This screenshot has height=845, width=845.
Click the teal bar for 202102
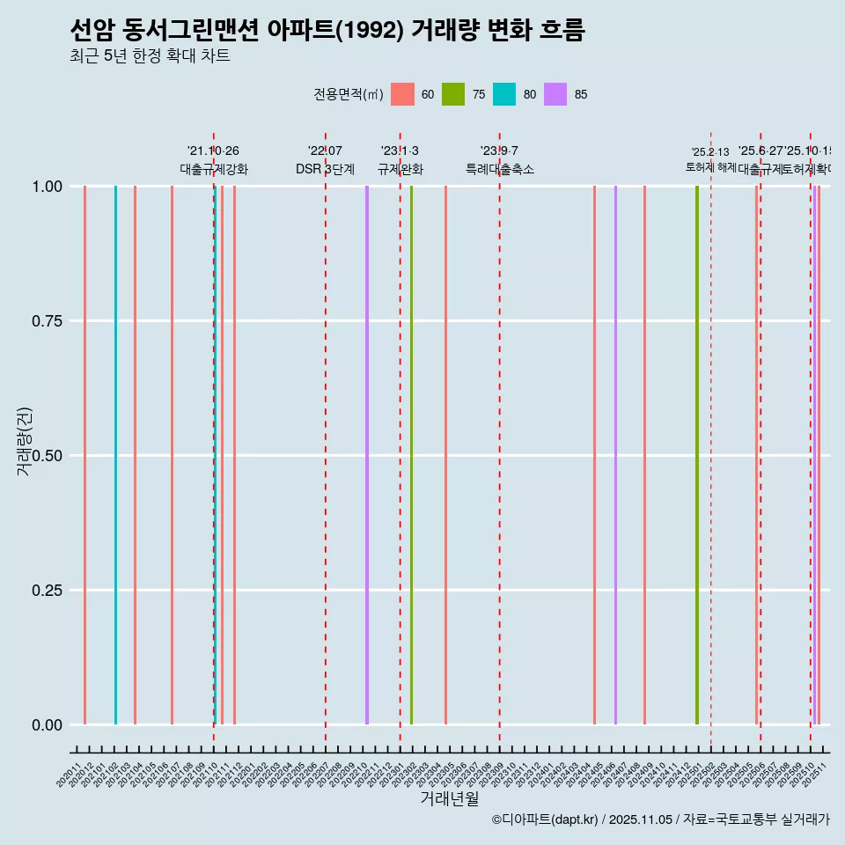115,455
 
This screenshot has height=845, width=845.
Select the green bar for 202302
411,455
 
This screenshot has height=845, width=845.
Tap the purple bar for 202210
367,455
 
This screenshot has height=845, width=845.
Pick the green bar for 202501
697,455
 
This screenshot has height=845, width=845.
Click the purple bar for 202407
615,455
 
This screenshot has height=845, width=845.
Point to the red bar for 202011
84,455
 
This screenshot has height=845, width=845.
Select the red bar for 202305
445,455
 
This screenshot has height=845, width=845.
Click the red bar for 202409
644,455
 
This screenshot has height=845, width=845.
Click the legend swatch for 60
402,94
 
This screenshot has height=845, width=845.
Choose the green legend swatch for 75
453,94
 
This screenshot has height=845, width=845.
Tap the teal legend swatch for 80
504,94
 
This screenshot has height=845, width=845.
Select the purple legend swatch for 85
555,94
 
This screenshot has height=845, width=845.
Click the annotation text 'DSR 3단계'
325,169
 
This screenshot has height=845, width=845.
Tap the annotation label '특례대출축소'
500,169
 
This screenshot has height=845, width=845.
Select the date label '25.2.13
710,152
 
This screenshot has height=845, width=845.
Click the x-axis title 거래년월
449,798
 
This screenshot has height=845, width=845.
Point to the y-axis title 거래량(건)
25,441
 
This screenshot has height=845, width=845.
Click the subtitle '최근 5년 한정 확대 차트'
150,56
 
